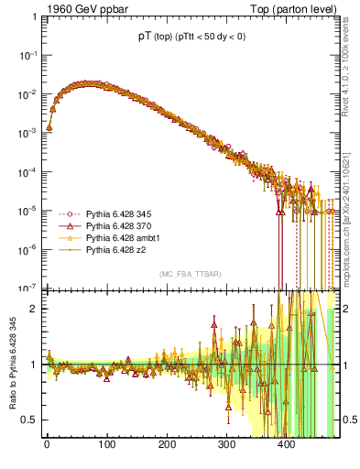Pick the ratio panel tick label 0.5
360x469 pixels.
coord(31,420)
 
